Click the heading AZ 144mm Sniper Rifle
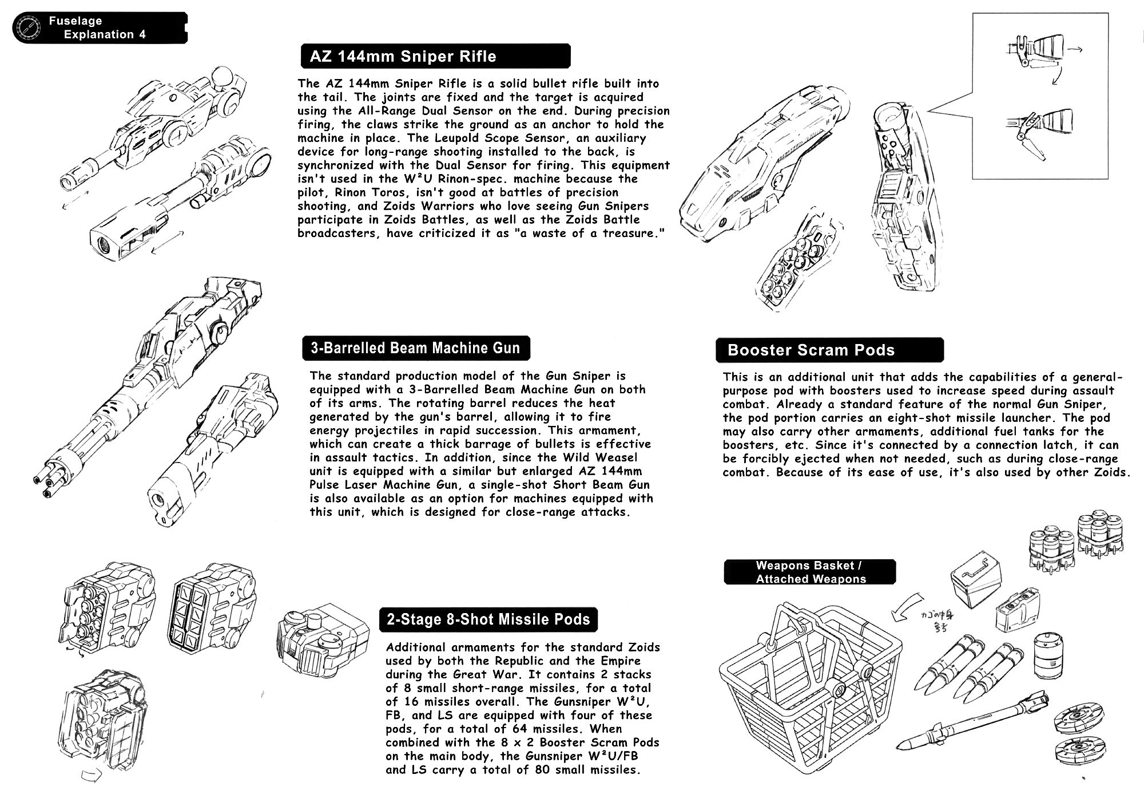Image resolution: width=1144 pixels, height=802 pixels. pyautogui.click(x=403, y=57)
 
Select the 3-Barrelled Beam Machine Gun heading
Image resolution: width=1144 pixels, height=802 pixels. pyautogui.click(x=415, y=349)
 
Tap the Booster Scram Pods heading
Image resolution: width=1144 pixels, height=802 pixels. pyautogui.click(x=811, y=350)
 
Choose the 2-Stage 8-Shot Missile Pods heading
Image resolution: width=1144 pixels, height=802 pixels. pyautogui.click(x=488, y=619)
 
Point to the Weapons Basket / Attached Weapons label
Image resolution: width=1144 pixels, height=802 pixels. pyautogui.click(x=811, y=572)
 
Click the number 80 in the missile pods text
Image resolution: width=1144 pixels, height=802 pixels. pyautogui.click(x=541, y=769)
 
